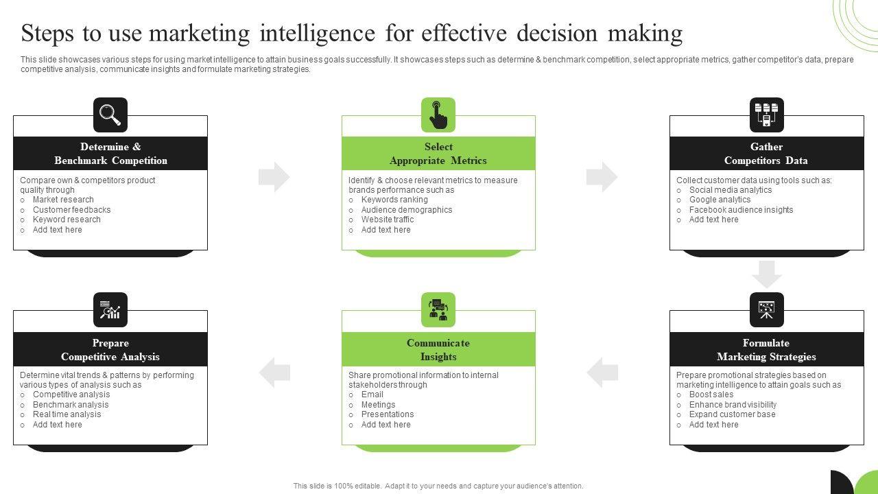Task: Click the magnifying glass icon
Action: coord(110,115)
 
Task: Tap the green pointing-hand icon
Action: coord(438,115)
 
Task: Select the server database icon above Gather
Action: coord(766,115)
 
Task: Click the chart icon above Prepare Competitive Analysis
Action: coord(110,310)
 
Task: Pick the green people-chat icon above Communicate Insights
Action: coord(438,310)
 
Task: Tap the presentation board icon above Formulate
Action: coord(766,310)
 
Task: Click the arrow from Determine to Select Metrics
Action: coord(274,177)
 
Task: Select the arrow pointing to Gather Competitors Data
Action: coord(602,177)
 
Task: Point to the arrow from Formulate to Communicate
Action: coord(602,373)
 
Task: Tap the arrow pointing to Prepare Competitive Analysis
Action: coord(274,373)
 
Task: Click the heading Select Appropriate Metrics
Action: coord(438,154)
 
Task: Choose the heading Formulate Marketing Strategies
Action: coord(766,350)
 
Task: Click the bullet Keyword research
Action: coord(67,220)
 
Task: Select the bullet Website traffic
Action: coord(388,220)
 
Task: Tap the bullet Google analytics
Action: coord(720,200)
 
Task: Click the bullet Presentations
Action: coord(388,414)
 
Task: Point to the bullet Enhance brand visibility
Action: coord(733,405)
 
